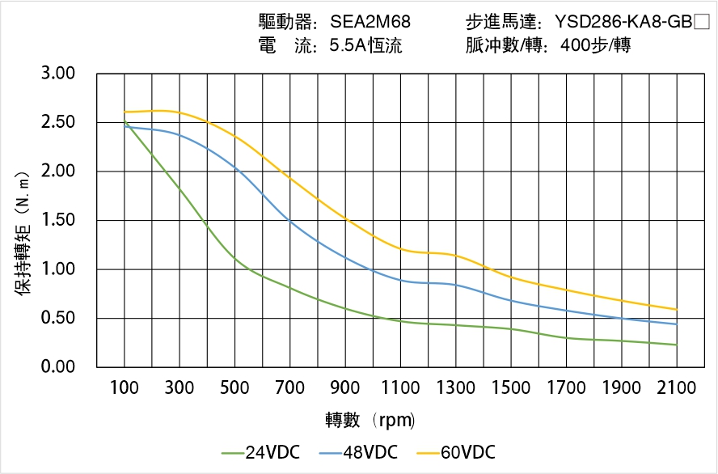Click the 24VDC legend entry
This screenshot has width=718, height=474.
(x=260, y=452)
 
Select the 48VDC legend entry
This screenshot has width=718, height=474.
(x=358, y=452)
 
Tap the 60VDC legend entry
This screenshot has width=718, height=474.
(x=456, y=452)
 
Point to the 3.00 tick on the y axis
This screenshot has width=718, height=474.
(x=57, y=74)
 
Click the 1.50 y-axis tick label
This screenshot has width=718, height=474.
(x=57, y=221)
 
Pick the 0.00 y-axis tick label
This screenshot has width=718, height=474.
(x=57, y=367)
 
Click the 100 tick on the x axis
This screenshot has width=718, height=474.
(x=125, y=388)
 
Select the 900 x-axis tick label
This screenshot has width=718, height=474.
(x=345, y=388)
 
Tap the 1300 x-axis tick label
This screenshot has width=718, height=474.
(x=456, y=388)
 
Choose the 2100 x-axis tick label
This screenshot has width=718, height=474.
(x=677, y=388)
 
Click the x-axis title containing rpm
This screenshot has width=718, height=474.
(x=370, y=420)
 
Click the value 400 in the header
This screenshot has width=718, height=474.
(x=574, y=46)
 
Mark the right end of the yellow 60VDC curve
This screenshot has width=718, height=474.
(x=676, y=309)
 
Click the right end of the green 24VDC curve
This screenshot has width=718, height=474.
(x=676, y=345)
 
